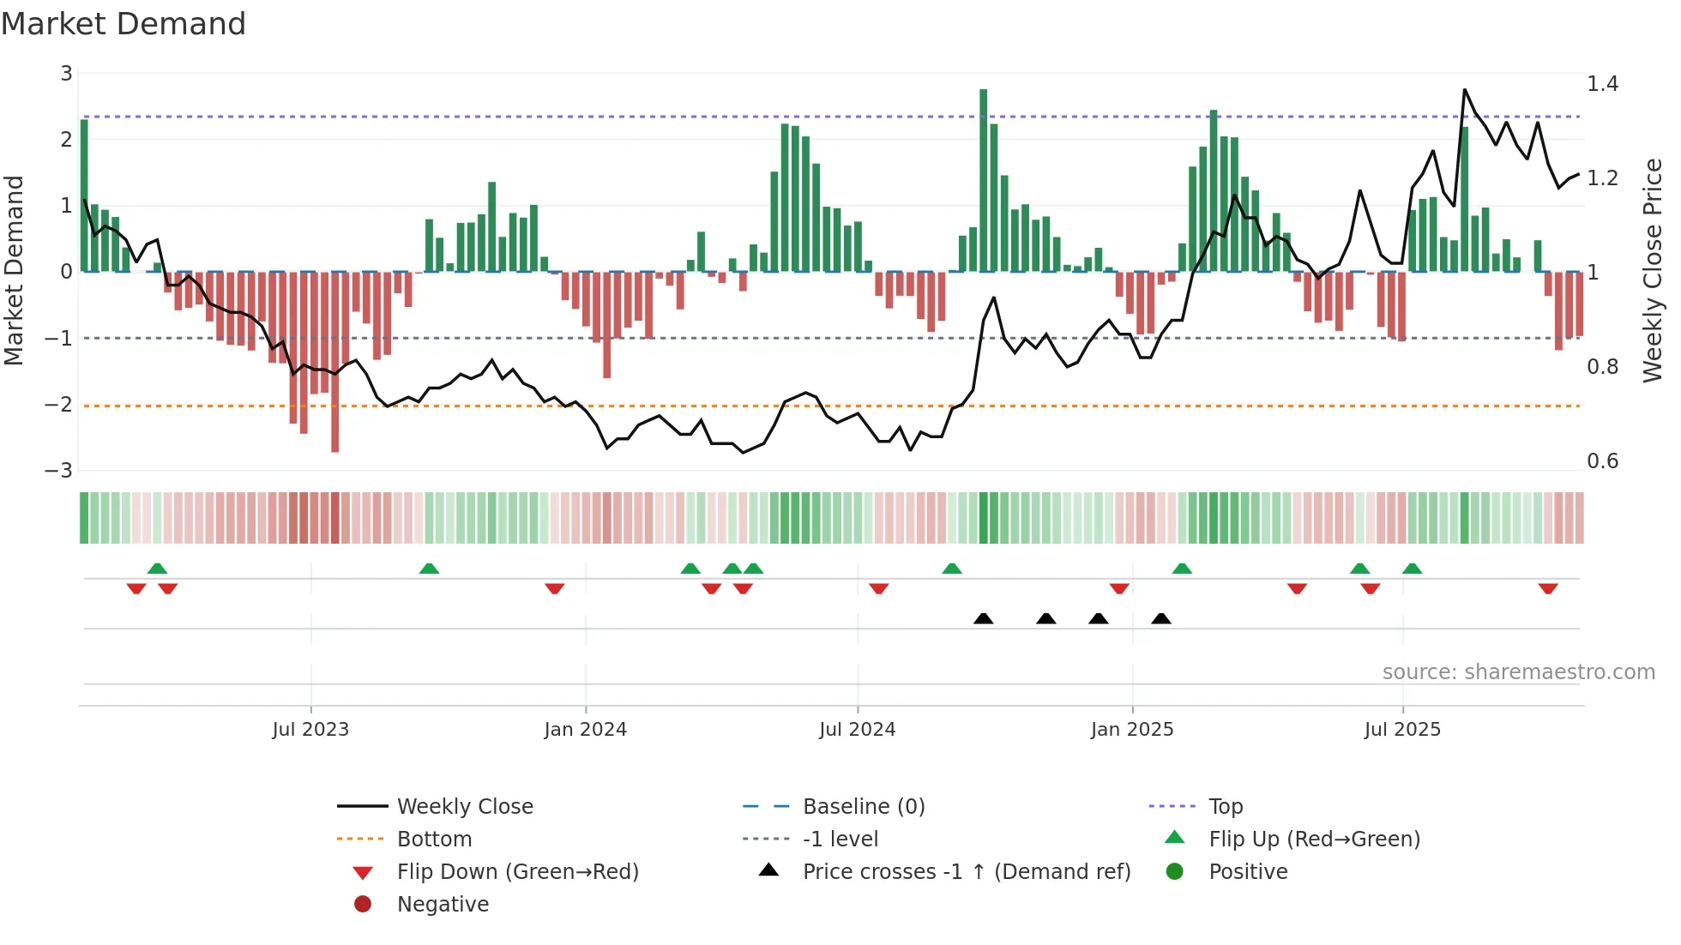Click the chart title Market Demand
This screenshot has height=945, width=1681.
click(x=124, y=24)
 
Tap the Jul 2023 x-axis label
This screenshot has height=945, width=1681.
click(x=310, y=730)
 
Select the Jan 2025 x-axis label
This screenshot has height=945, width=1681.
click(x=1131, y=730)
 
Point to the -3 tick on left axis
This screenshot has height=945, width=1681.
click(x=58, y=471)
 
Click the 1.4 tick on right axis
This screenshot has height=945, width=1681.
click(x=1602, y=84)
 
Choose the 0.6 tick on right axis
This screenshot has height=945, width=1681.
click(x=1602, y=461)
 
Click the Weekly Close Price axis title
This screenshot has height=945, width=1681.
click(x=1652, y=270)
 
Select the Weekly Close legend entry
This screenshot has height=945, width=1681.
click(x=464, y=807)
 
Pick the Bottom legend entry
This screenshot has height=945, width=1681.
click(x=434, y=840)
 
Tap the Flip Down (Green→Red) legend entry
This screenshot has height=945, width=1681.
click(x=517, y=872)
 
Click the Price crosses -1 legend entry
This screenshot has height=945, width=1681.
click(x=966, y=872)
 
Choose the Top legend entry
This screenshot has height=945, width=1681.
click(x=1225, y=807)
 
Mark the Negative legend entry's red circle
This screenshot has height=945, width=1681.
click(x=363, y=905)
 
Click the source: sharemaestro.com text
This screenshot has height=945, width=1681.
click(x=1518, y=672)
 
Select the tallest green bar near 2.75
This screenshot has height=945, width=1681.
click(x=984, y=180)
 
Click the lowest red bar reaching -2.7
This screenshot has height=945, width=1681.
click(x=334, y=360)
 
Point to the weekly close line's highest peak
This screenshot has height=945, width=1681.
click(x=1464, y=90)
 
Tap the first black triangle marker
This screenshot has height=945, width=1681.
click(x=984, y=618)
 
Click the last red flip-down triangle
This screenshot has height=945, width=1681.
click(x=1548, y=588)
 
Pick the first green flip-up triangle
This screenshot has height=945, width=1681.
click(x=157, y=569)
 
